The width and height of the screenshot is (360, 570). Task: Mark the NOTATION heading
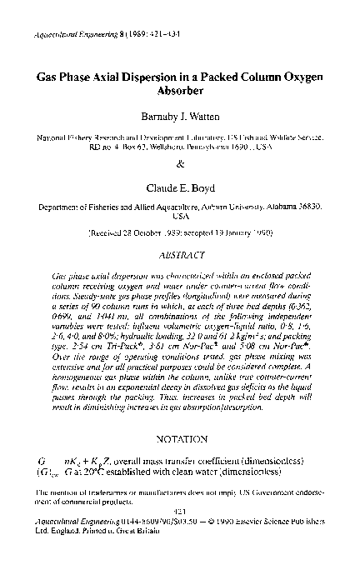(180, 439)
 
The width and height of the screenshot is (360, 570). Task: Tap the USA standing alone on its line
(180, 214)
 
